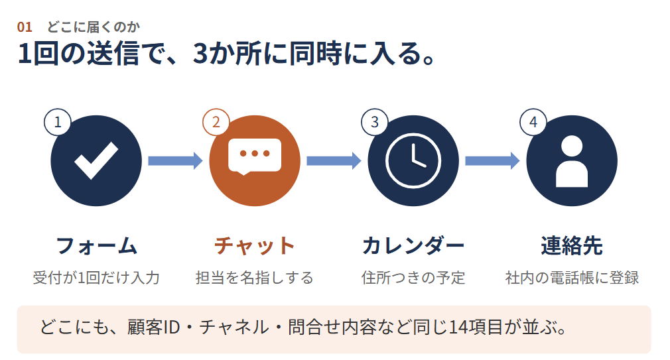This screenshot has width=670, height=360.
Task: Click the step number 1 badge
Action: point(58,122)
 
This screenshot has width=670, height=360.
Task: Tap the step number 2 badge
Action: point(216,122)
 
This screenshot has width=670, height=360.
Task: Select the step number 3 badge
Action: point(375,122)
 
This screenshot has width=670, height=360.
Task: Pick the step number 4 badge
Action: point(533,122)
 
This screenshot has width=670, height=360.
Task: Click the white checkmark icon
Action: point(96,160)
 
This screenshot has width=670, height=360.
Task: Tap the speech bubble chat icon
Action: point(255,156)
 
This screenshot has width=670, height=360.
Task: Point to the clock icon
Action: point(413,160)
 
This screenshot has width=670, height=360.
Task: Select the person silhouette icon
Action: point(572,161)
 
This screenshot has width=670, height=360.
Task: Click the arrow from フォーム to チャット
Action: point(175,160)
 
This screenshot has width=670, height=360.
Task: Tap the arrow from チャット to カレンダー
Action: point(334,160)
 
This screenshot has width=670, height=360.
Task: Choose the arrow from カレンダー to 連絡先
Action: point(492,160)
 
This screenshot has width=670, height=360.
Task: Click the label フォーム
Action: point(96,246)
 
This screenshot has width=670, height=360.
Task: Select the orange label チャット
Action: point(255,246)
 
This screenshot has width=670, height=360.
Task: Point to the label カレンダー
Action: point(413,246)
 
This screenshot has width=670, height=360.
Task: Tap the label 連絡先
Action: point(572,246)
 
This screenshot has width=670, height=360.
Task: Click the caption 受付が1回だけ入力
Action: point(96,278)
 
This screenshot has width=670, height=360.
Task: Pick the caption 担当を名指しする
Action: point(255,278)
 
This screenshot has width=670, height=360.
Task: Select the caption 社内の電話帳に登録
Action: point(572,278)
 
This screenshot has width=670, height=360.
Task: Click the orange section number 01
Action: point(25,27)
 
